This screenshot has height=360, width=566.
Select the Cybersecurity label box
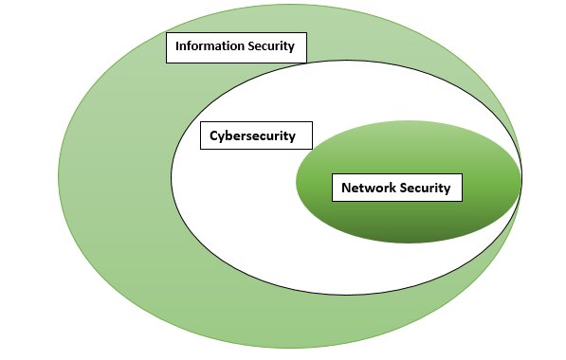tap(251, 136)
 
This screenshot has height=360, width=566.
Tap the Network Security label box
tap(395, 188)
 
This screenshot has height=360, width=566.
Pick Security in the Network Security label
tap(425, 188)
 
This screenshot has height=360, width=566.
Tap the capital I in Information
tap(176, 46)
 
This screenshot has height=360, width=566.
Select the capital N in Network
tap(346, 188)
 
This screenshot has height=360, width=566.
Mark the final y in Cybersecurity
tap(292, 137)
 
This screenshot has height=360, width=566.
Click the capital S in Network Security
tap(405, 188)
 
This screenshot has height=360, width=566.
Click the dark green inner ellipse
tap(408, 223)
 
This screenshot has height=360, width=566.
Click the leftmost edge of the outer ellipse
tap(59, 180)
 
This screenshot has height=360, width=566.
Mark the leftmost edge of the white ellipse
tap(172, 174)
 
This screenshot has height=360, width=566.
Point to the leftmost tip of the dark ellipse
tap(297, 182)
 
